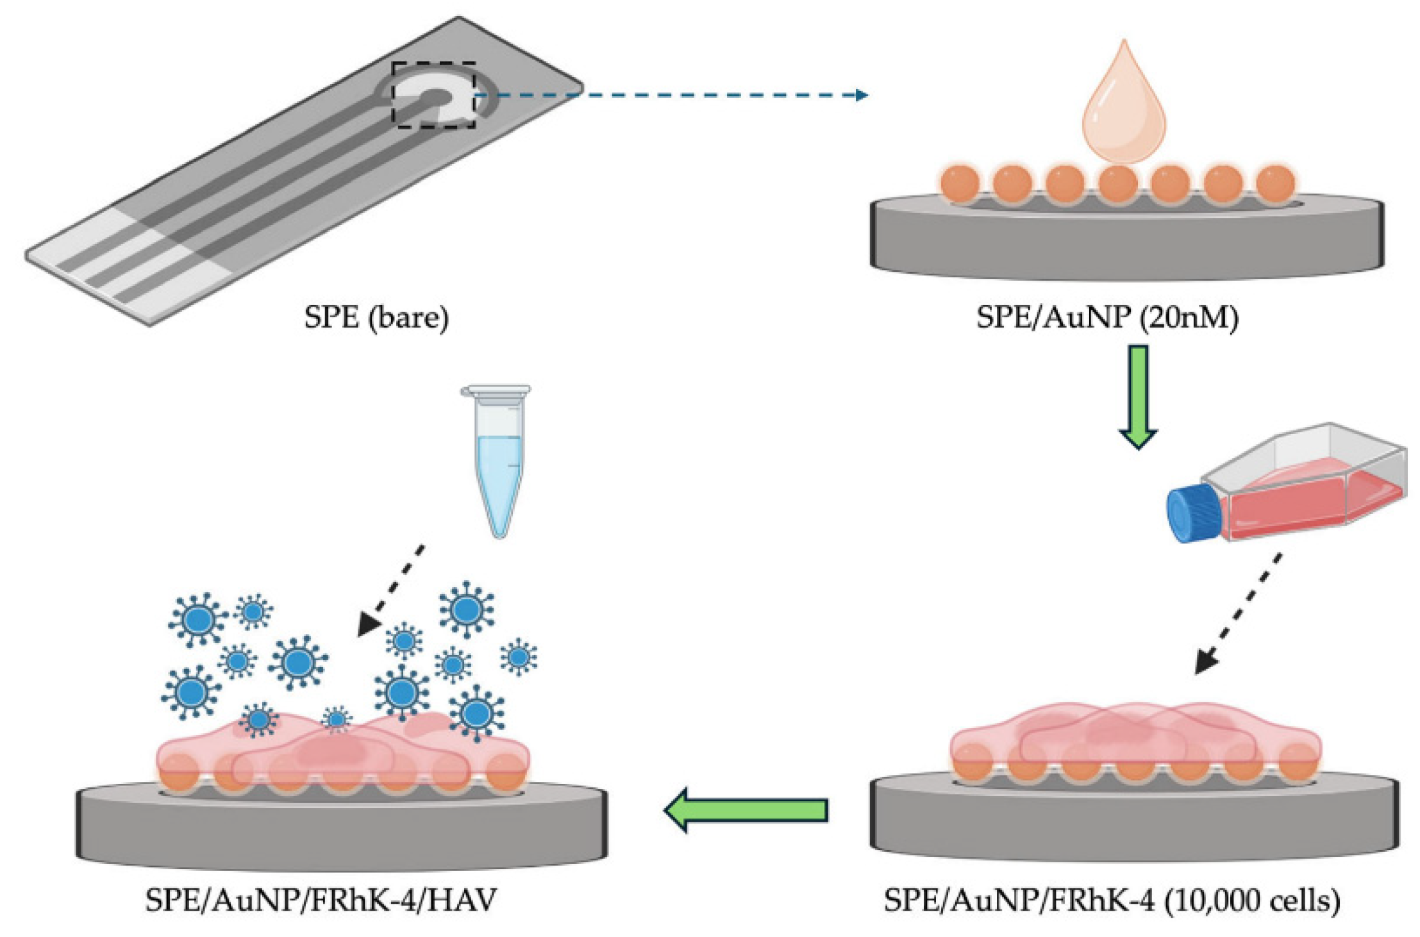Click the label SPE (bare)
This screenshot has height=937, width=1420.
(x=376, y=317)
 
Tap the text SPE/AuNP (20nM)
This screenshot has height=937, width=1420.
(x=1107, y=317)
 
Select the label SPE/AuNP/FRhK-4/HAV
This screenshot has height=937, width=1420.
(x=321, y=900)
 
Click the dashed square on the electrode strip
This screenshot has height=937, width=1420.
(x=434, y=95)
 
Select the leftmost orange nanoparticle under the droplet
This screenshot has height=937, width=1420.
(x=960, y=183)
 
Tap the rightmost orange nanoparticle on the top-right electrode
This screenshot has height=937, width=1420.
(x=1275, y=183)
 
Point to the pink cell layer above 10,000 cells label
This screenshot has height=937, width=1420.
(x=1135, y=737)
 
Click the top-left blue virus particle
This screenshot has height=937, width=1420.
(x=197, y=618)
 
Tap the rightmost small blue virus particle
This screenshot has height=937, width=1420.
(x=518, y=656)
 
